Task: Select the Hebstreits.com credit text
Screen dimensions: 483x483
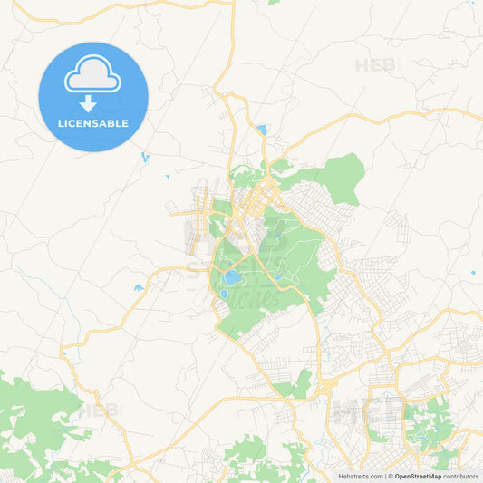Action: (x=360, y=476)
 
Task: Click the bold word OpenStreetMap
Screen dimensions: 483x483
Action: (x=418, y=476)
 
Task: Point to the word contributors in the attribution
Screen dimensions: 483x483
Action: (x=460, y=476)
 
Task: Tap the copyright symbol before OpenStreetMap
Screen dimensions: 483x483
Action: (x=390, y=476)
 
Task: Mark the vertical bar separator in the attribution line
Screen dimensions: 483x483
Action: (x=384, y=476)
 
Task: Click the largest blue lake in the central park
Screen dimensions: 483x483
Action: (x=232, y=277)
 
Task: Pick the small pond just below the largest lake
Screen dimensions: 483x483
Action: (x=223, y=295)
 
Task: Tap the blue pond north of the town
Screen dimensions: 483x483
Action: (x=262, y=130)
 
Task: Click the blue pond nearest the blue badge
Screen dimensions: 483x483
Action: (x=145, y=157)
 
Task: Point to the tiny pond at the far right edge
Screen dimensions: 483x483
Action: (x=473, y=272)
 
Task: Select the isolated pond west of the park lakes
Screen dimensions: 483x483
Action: (x=139, y=288)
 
